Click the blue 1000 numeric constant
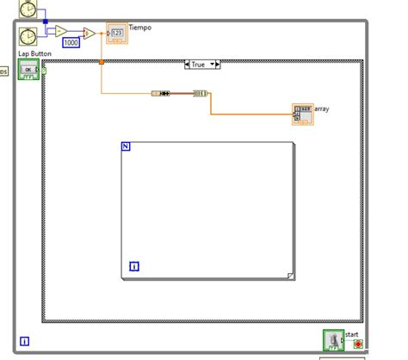71,42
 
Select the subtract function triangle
61,31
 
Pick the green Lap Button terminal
28,70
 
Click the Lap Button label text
35,54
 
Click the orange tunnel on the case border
101,61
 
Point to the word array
323,109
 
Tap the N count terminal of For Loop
126,146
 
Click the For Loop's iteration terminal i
133,266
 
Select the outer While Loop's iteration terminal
24,341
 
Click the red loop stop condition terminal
358,344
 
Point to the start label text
351,333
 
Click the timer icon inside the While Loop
28,35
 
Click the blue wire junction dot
45,22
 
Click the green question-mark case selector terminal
44,70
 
